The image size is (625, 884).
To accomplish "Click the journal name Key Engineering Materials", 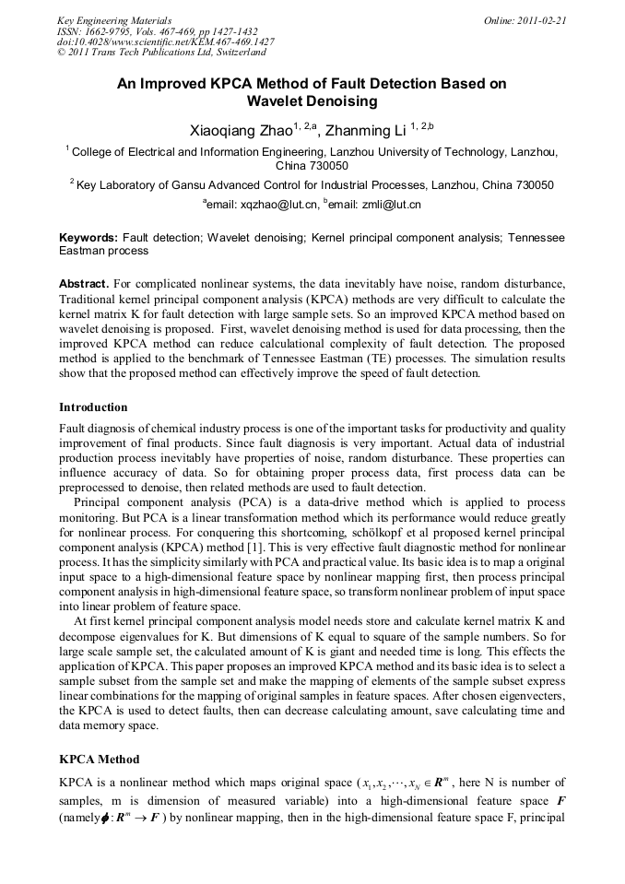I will (114, 20).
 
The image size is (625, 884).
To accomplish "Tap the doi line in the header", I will (165, 42).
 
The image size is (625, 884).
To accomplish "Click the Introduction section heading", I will (93, 407).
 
